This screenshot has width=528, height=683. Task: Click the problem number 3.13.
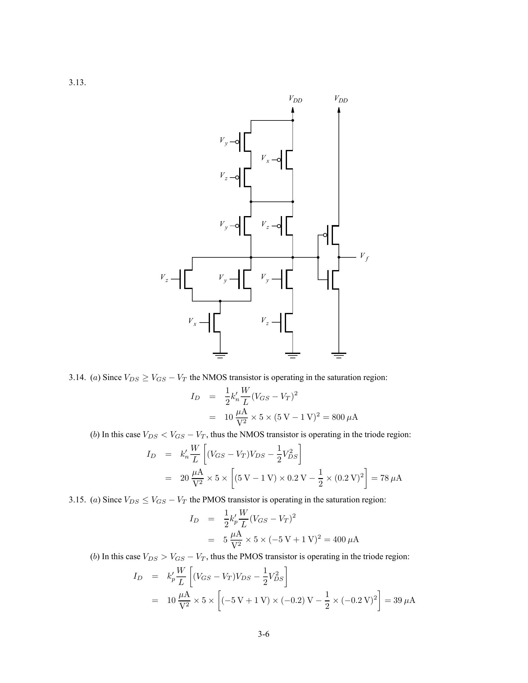click(x=77, y=83)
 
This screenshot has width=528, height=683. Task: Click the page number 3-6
click(x=264, y=634)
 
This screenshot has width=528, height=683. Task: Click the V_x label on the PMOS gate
click(x=265, y=159)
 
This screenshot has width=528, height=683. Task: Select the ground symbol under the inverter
click(x=339, y=355)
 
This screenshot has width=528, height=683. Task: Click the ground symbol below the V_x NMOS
click(x=220, y=355)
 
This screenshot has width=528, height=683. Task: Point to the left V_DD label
click(x=295, y=99)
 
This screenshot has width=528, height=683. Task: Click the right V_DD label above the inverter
click(x=341, y=99)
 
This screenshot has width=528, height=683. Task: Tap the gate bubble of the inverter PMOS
click(x=325, y=235)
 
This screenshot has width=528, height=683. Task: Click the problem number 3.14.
click(x=77, y=378)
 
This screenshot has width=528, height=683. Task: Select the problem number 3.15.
click(x=77, y=500)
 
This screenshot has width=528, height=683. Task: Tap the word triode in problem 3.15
click(x=371, y=557)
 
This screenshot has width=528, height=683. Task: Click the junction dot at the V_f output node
click(x=339, y=257)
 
